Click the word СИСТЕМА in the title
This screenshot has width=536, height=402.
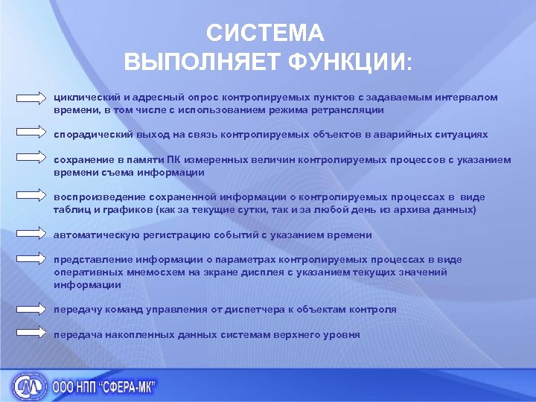pos(265,33)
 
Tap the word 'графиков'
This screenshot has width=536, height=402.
pos(130,210)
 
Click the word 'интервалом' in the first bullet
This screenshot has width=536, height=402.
pos(470,98)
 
